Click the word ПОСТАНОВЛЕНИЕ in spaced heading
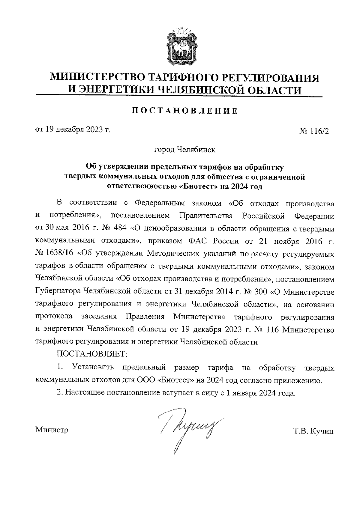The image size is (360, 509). [x=185, y=111]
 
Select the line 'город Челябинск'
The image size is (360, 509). [x=184, y=149]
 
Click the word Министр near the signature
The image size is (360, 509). [x=52, y=430]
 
